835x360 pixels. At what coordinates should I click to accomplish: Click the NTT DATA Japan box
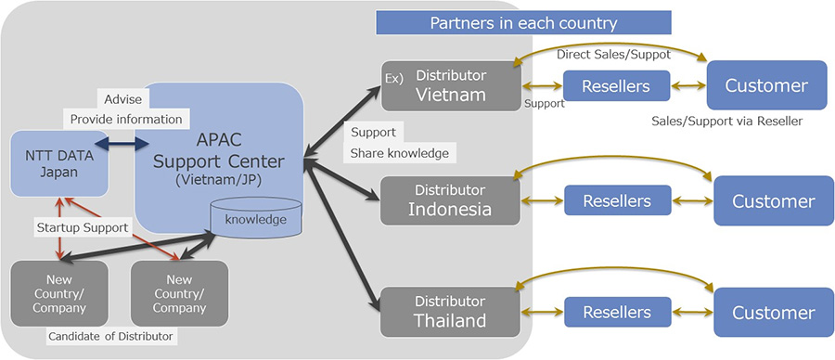pyautogui.click(x=57, y=163)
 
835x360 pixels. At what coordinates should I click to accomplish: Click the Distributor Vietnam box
pyautogui.click(x=448, y=85)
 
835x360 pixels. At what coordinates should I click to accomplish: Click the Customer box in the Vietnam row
pyautogui.click(x=765, y=86)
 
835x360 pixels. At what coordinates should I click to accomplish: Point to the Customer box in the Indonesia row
pyautogui.click(x=773, y=200)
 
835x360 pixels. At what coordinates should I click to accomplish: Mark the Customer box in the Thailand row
pyautogui.click(x=773, y=313)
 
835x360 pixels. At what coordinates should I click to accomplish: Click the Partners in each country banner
pyautogui.click(x=523, y=22)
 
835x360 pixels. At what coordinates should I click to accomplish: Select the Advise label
pyautogui.click(x=122, y=98)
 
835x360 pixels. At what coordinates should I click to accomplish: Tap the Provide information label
pyautogui.click(x=126, y=119)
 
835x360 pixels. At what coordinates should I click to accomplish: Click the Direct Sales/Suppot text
pyautogui.click(x=613, y=54)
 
